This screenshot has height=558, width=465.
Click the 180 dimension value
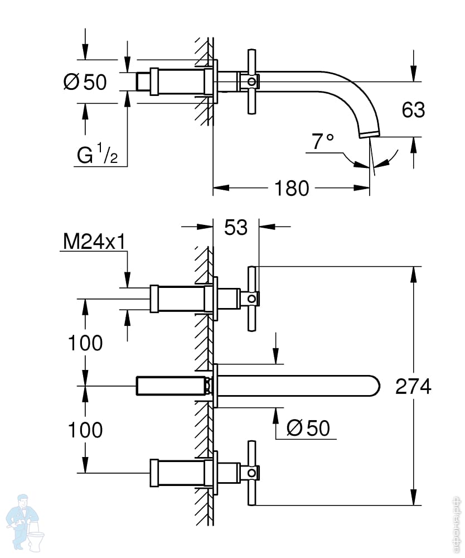292,188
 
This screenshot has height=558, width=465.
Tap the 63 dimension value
413,110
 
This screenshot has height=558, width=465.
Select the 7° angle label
322,142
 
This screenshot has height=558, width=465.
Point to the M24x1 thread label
93,242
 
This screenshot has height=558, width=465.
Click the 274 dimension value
413,386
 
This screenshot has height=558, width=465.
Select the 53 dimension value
235,227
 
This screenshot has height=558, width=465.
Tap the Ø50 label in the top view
85,82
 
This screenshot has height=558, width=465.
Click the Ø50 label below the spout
308,428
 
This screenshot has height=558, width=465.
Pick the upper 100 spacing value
85,343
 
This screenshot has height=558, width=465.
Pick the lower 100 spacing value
85,430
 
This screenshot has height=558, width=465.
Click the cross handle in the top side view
252,82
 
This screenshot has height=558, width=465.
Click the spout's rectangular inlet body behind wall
170,386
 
